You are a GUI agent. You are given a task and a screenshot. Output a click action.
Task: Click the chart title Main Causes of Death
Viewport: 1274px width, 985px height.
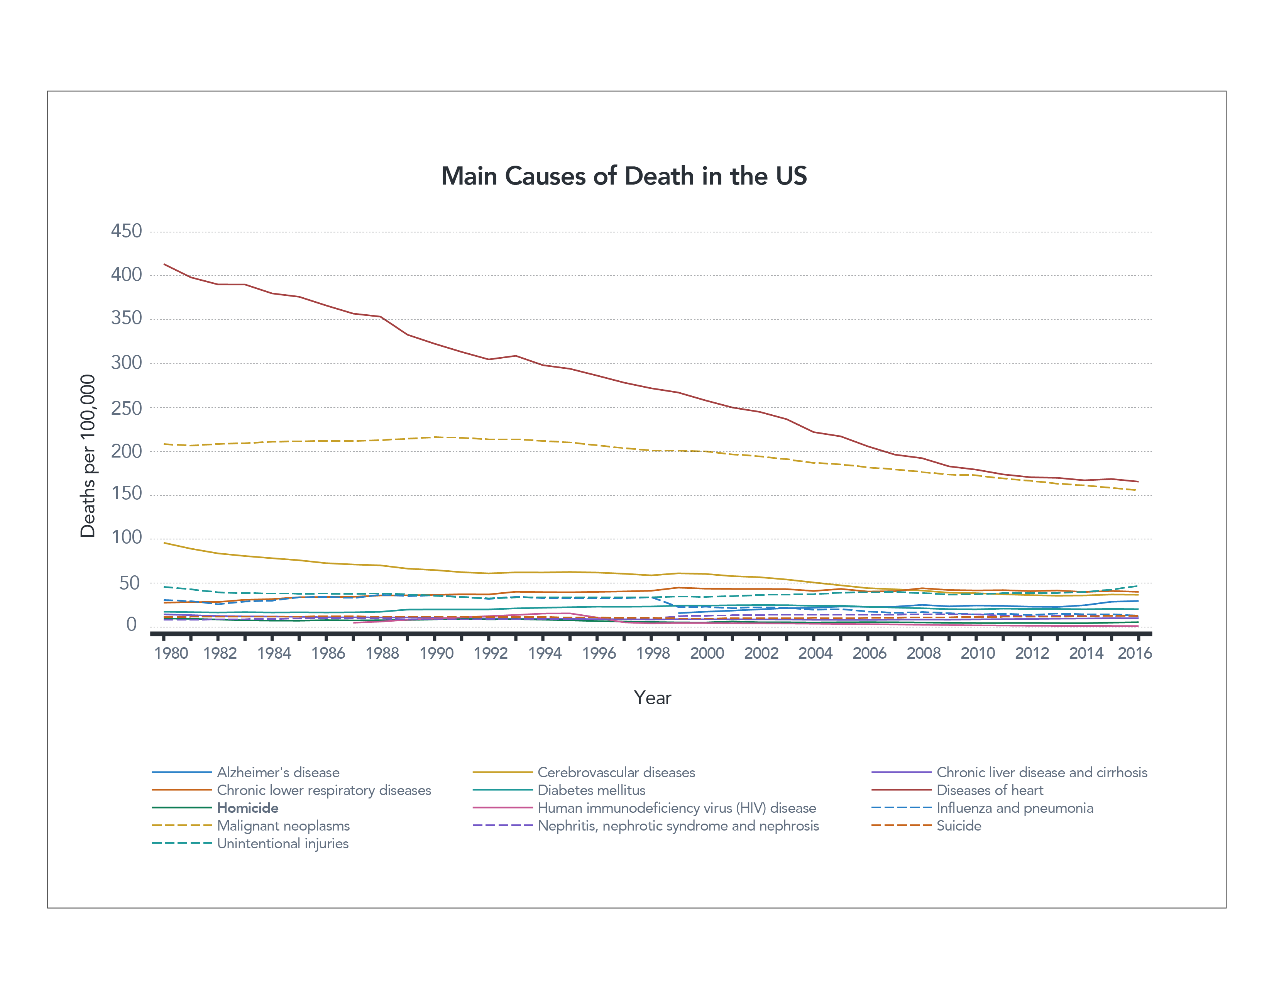[x=624, y=176]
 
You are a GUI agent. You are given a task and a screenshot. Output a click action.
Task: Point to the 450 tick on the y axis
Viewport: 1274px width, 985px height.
[x=126, y=231]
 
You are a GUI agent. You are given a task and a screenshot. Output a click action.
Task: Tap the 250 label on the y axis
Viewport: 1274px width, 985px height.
[x=126, y=408]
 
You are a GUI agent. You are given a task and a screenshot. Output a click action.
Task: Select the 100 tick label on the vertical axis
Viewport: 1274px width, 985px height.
[x=126, y=537]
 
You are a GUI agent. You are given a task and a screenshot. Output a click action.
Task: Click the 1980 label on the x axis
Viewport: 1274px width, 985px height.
[x=171, y=653]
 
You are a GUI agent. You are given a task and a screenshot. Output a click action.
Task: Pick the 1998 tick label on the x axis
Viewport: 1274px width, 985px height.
[x=653, y=653]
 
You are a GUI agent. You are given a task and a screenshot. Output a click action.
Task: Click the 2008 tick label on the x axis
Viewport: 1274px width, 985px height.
[x=924, y=653]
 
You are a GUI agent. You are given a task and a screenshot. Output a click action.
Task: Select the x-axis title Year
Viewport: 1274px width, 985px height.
[x=652, y=698]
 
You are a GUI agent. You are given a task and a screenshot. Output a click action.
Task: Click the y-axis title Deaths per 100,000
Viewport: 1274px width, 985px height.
[x=88, y=456]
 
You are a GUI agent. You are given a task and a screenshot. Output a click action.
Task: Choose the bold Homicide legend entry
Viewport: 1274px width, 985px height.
[x=247, y=808]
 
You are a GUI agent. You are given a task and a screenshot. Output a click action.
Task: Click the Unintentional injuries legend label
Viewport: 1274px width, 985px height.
[x=283, y=844]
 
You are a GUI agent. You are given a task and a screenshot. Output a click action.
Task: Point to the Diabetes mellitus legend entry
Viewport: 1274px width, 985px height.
[x=591, y=790]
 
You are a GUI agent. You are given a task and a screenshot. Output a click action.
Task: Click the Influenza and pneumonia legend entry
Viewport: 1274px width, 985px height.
[x=1014, y=808]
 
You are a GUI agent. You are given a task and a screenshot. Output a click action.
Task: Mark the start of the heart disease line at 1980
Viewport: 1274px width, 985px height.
[x=164, y=264]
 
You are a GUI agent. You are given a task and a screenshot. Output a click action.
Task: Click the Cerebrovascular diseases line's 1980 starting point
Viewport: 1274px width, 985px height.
[x=164, y=543]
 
